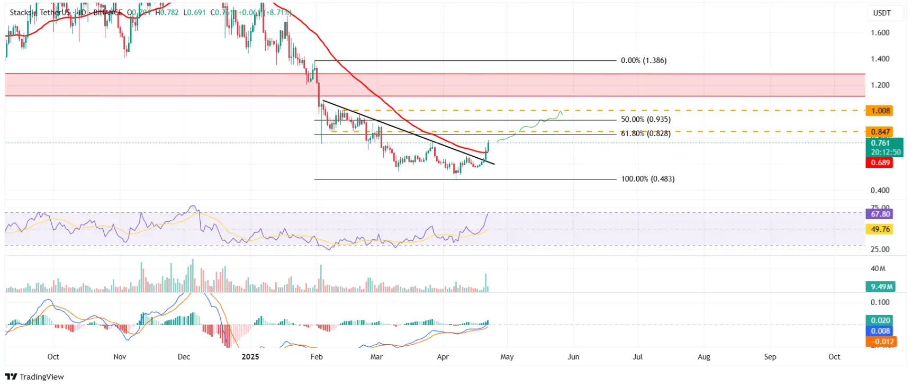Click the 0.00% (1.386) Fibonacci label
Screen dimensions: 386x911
pyautogui.click(x=643, y=60)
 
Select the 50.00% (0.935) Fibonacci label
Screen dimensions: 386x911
pyautogui.click(x=645, y=120)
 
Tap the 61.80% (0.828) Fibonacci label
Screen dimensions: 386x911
pyautogui.click(x=645, y=133)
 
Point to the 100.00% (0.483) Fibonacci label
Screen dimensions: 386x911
pyautogui.click(x=647, y=179)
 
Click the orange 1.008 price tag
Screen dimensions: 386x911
pyautogui.click(x=880, y=111)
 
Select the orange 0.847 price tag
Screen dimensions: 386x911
pyautogui.click(x=880, y=132)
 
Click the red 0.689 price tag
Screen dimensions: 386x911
pyautogui.click(x=880, y=163)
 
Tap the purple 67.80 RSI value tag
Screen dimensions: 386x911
pyautogui.click(x=880, y=214)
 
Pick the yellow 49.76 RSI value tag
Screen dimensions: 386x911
pyautogui.click(x=880, y=229)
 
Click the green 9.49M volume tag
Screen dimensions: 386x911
pyautogui.click(x=881, y=286)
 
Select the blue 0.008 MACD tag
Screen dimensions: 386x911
pyautogui.click(x=880, y=331)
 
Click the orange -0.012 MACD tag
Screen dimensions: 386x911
pyautogui.click(x=880, y=342)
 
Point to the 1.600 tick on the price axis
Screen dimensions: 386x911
pyautogui.click(x=880, y=33)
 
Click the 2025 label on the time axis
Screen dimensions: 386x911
pyautogui.click(x=250, y=357)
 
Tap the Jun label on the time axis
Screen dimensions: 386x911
pyautogui.click(x=573, y=357)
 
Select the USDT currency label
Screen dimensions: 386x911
pyautogui.click(x=882, y=13)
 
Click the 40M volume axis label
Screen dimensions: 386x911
pyautogui.click(x=878, y=268)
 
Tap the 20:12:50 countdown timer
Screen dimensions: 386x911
pyautogui.click(x=886, y=152)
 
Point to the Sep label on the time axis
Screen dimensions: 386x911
pyautogui.click(x=770, y=357)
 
